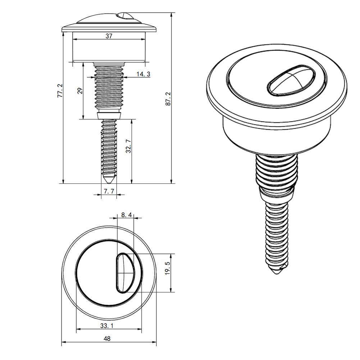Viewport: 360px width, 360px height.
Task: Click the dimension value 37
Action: [x=109, y=36]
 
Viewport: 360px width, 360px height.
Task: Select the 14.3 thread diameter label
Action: [x=143, y=74]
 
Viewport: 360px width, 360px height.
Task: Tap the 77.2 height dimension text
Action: [x=60, y=91]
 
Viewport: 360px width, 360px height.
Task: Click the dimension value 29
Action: [x=80, y=91]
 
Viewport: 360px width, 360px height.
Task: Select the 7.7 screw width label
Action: [x=109, y=191]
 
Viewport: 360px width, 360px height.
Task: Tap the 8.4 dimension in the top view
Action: [x=126, y=215]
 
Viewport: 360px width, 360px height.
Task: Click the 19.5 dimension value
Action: [x=167, y=269]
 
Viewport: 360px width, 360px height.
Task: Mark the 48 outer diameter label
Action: [x=107, y=338]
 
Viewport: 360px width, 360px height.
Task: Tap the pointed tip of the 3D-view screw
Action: [x=277, y=273]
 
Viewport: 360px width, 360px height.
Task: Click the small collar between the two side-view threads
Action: [x=109, y=115]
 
